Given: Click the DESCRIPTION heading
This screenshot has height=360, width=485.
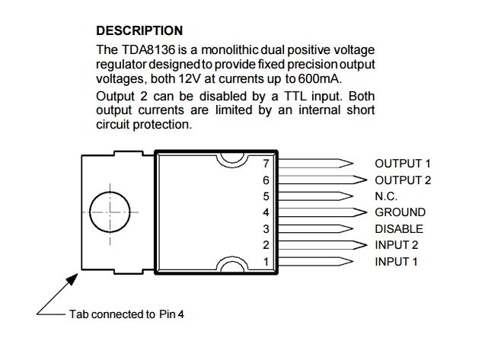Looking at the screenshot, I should (x=139, y=31).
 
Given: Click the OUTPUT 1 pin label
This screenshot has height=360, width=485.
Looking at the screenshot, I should (x=403, y=163).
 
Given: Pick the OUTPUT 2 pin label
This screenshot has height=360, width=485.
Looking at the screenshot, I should (x=403, y=180).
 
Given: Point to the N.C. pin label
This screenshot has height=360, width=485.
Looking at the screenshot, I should (x=387, y=196).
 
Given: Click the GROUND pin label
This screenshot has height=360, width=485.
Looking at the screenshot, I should (x=400, y=212).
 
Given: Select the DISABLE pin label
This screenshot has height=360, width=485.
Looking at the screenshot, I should (x=399, y=228).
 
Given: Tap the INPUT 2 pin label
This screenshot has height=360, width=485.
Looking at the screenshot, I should (x=397, y=245).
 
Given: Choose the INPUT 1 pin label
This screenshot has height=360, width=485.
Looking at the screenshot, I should (x=397, y=262).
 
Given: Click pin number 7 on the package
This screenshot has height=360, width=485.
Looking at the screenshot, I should (x=266, y=163).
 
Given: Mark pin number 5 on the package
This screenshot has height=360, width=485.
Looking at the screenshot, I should (x=266, y=196).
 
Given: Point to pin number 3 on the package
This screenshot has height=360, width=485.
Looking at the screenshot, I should (x=266, y=228).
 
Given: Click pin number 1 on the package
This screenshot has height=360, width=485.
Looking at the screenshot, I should (x=266, y=262).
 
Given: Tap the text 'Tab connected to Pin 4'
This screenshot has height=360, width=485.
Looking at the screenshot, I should (x=126, y=314).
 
